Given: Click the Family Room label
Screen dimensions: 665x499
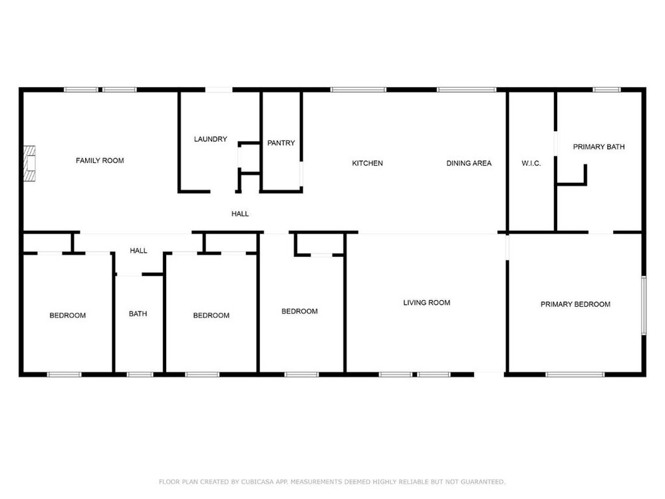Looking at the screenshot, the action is (x=100, y=160).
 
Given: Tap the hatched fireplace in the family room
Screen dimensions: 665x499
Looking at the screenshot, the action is (x=29, y=164).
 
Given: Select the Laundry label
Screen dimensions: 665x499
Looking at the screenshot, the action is (x=210, y=139).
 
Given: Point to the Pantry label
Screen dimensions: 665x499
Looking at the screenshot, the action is (x=281, y=143).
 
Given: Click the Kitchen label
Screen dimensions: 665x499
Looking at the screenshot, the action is (x=367, y=163).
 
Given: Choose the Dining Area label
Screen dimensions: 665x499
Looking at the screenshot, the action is (x=469, y=163).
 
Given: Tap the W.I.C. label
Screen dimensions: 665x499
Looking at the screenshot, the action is (x=531, y=163).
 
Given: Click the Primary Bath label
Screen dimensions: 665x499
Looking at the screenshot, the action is (x=598, y=147).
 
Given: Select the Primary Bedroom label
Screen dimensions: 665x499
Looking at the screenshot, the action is (x=575, y=304).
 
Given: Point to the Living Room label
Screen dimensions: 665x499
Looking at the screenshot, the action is (x=426, y=303).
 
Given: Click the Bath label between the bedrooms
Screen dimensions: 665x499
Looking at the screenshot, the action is (x=138, y=313).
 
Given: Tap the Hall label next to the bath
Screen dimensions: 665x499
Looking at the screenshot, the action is (x=138, y=251).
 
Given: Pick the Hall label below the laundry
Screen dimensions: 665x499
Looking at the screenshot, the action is (x=240, y=214).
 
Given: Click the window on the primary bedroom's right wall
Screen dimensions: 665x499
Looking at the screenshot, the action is (x=643, y=305).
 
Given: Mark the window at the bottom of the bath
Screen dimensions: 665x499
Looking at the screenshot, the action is (x=140, y=375).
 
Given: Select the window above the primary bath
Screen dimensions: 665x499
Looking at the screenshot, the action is (x=606, y=90).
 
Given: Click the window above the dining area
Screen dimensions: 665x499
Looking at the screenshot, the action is (x=467, y=90).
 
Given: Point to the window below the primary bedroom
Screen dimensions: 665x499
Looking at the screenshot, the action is (x=575, y=375).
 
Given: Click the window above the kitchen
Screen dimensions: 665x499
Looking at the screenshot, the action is (x=358, y=90).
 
